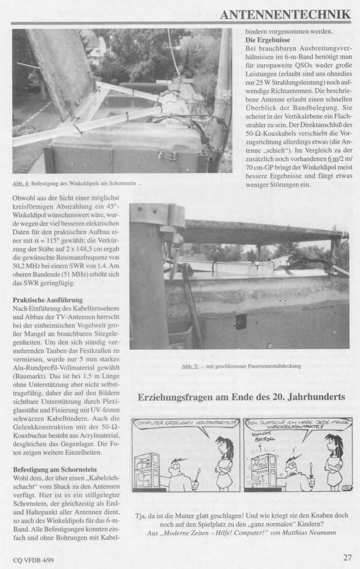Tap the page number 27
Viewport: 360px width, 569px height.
(348, 557)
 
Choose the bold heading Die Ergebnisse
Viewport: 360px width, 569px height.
(268, 40)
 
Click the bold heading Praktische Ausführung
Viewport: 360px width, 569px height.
(47, 299)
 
